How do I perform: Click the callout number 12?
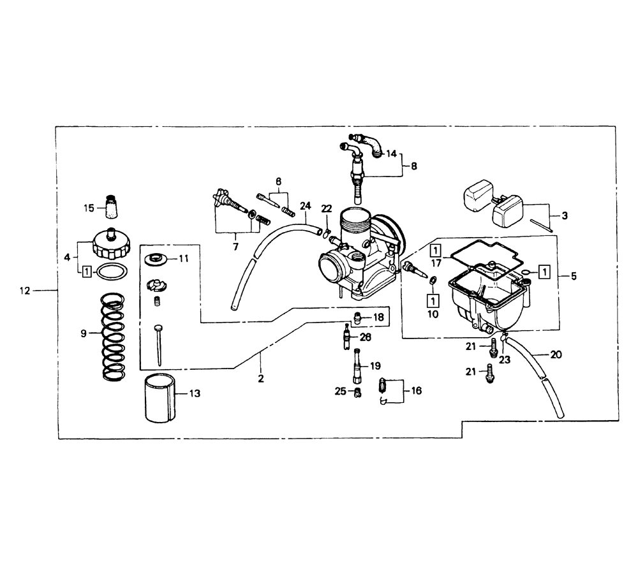(26, 291)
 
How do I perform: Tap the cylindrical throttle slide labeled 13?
(160, 398)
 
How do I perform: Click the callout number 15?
(89, 208)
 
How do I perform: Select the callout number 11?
(184, 259)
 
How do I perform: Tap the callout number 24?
(305, 206)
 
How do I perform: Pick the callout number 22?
(326, 209)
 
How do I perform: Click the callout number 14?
(391, 154)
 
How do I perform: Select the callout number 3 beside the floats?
(565, 215)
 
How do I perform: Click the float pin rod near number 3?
(542, 226)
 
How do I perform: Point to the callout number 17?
(436, 263)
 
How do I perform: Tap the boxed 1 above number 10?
(433, 301)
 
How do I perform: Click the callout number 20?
(556, 355)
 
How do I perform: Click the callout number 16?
(416, 391)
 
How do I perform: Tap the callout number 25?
(340, 391)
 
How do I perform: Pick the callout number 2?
(261, 379)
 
